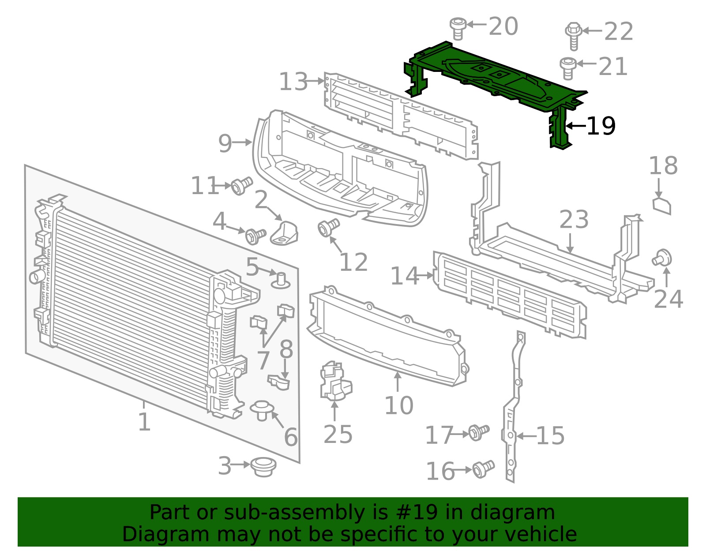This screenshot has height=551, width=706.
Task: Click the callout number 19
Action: point(601,126)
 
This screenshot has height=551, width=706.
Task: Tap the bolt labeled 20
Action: point(458,28)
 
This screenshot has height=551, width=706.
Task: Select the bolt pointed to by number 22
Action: point(573,35)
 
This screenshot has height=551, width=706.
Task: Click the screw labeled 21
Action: point(568,67)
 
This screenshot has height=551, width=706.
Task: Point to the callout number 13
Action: point(293,82)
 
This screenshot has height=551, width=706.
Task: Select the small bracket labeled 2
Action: point(284,233)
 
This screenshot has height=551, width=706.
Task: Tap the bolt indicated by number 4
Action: point(255,236)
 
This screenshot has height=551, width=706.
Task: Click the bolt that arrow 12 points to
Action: point(328,228)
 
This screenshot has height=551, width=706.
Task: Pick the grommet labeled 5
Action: point(280,280)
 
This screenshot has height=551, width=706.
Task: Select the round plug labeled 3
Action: point(263,466)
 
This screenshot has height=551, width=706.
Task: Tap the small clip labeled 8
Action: point(279,381)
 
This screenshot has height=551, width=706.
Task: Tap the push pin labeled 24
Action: point(662,258)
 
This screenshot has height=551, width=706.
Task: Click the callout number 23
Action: point(574,220)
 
